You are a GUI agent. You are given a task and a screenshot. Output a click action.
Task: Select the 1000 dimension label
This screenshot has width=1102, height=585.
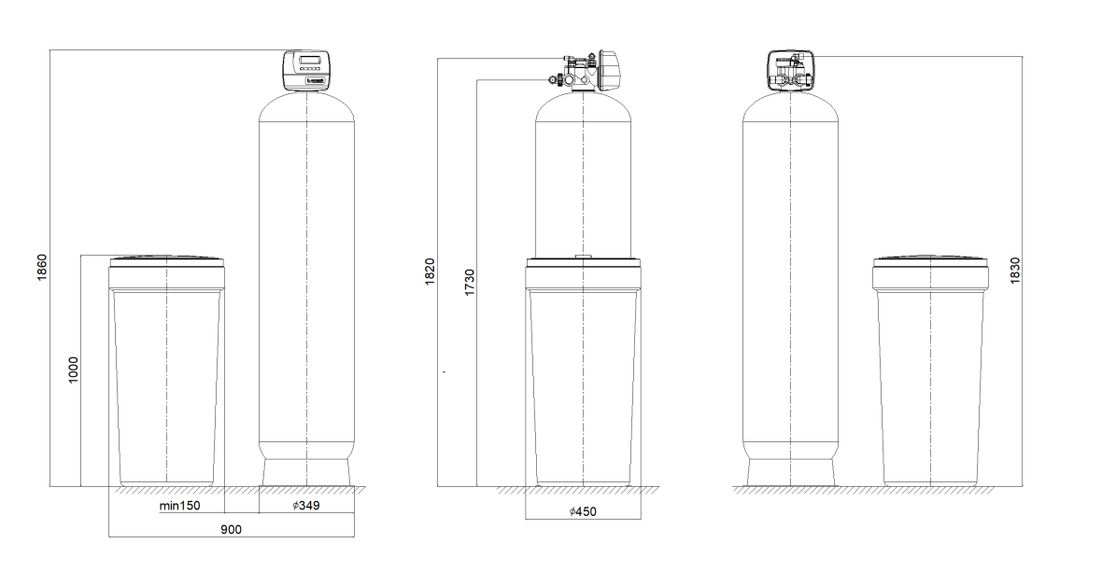75,369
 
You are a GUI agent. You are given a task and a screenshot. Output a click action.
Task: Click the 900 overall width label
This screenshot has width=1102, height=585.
232,529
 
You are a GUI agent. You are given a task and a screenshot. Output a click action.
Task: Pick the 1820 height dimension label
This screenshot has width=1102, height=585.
430,272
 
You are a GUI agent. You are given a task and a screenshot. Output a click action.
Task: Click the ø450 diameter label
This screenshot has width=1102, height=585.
583,511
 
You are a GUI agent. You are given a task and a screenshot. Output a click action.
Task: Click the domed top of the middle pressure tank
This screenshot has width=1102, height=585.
583,105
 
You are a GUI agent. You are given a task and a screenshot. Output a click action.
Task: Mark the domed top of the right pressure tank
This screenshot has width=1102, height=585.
791,105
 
